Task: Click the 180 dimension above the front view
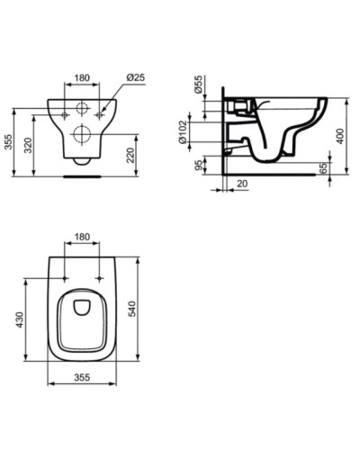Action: tap(82, 78)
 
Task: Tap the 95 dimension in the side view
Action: tap(199, 166)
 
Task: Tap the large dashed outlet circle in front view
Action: tap(82, 137)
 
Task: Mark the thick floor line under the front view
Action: tap(82, 177)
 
